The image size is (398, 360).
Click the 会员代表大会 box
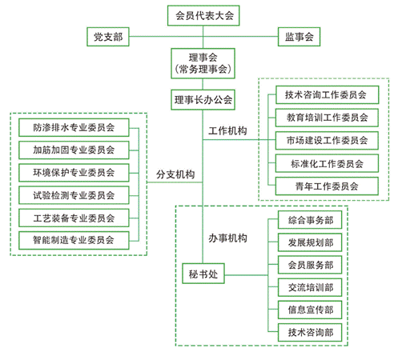(x=203, y=16)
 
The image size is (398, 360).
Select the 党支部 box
(x=108, y=37)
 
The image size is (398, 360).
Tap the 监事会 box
(x=299, y=37)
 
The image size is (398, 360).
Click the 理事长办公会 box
(x=203, y=100)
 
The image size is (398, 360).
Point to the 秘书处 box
(x=203, y=274)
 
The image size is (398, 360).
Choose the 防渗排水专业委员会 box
(x=74, y=128)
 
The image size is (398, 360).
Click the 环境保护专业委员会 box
(x=74, y=173)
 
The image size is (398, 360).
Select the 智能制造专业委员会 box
(x=74, y=241)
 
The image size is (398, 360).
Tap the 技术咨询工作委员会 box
(x=328, y=95)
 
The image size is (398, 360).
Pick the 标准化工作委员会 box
(x=327, y=163)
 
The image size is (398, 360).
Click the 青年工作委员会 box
(x=327, y=186)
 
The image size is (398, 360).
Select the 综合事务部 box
(x=310, y=220)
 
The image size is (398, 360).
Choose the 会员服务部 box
(x=310, y=265)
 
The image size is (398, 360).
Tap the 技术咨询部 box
(x=310, y=333)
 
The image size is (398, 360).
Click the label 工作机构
(x=227, y=131)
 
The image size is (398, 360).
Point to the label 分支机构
(x=175, y=174)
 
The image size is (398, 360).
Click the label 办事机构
(x=227, y=238)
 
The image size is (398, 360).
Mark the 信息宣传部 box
(x=310, y=310)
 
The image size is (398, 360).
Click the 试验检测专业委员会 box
(x=74, y=195)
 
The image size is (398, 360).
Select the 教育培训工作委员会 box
(x=327, y=118)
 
